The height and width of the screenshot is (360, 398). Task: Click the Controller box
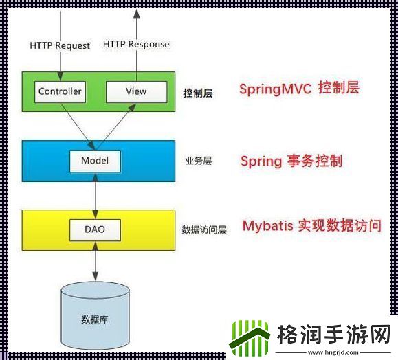pos(60,91)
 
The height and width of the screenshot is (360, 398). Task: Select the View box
pos(136,91)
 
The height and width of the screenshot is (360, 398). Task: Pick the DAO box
pos(95,229)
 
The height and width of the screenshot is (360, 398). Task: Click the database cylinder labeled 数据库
pos(94,316)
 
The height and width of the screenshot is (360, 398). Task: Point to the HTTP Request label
pos(60,45)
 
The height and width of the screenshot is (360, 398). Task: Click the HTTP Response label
pos(136,44)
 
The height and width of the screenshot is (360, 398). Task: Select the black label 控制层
pos(198,93)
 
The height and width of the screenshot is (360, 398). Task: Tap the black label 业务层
pos(198,161)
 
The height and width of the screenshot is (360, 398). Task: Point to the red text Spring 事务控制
pos(291,161)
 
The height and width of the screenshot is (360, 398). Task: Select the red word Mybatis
pos(267,226)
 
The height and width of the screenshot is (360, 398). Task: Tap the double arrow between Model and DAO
pos(95,195)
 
